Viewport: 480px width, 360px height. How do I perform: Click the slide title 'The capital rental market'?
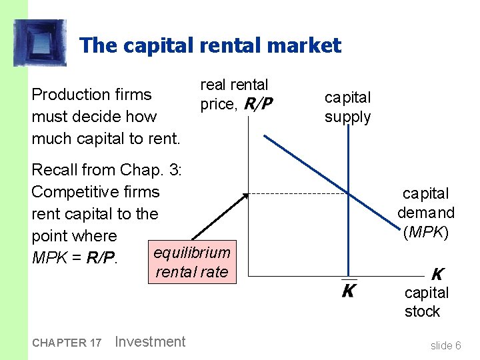click(210, 46)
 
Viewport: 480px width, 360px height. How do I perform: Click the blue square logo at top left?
click(40, 43)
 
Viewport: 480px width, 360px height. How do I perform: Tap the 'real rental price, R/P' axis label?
click(234, 94)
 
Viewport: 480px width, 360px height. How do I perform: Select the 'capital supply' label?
click(347, 107)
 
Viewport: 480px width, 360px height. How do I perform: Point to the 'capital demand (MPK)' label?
click(426, 213)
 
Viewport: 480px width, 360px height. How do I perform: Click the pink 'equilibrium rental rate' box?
click(192, 262)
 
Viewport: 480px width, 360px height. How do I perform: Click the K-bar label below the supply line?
click(348, 291)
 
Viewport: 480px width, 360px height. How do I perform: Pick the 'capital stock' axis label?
click(426, 302)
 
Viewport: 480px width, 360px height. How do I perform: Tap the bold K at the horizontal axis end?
click(437, 274)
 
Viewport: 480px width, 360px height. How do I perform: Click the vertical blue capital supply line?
click(348, 240)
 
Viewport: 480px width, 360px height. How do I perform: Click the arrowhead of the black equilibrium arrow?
click(245, 195)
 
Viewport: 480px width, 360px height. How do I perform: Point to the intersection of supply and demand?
click(348, 193)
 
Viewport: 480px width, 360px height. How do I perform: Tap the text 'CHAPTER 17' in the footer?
click(66, 343)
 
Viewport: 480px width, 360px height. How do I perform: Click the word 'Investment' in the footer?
click(150, 342)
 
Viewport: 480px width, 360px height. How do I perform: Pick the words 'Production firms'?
click(91, 95)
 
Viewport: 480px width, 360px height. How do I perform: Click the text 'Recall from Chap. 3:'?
click(107, 170)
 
